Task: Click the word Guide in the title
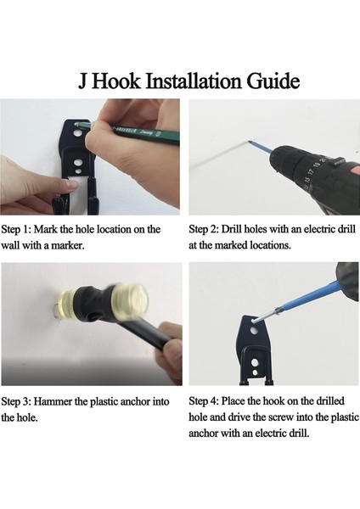[x=273, y=81]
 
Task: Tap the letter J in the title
[x=83, y=81]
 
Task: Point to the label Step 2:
[x=204, y=229]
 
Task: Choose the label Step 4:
[x=204, y=401]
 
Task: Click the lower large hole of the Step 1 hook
[x=77, y=162]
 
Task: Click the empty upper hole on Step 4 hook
[x=253, y=331]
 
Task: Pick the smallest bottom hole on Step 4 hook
[x=256, y=372]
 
